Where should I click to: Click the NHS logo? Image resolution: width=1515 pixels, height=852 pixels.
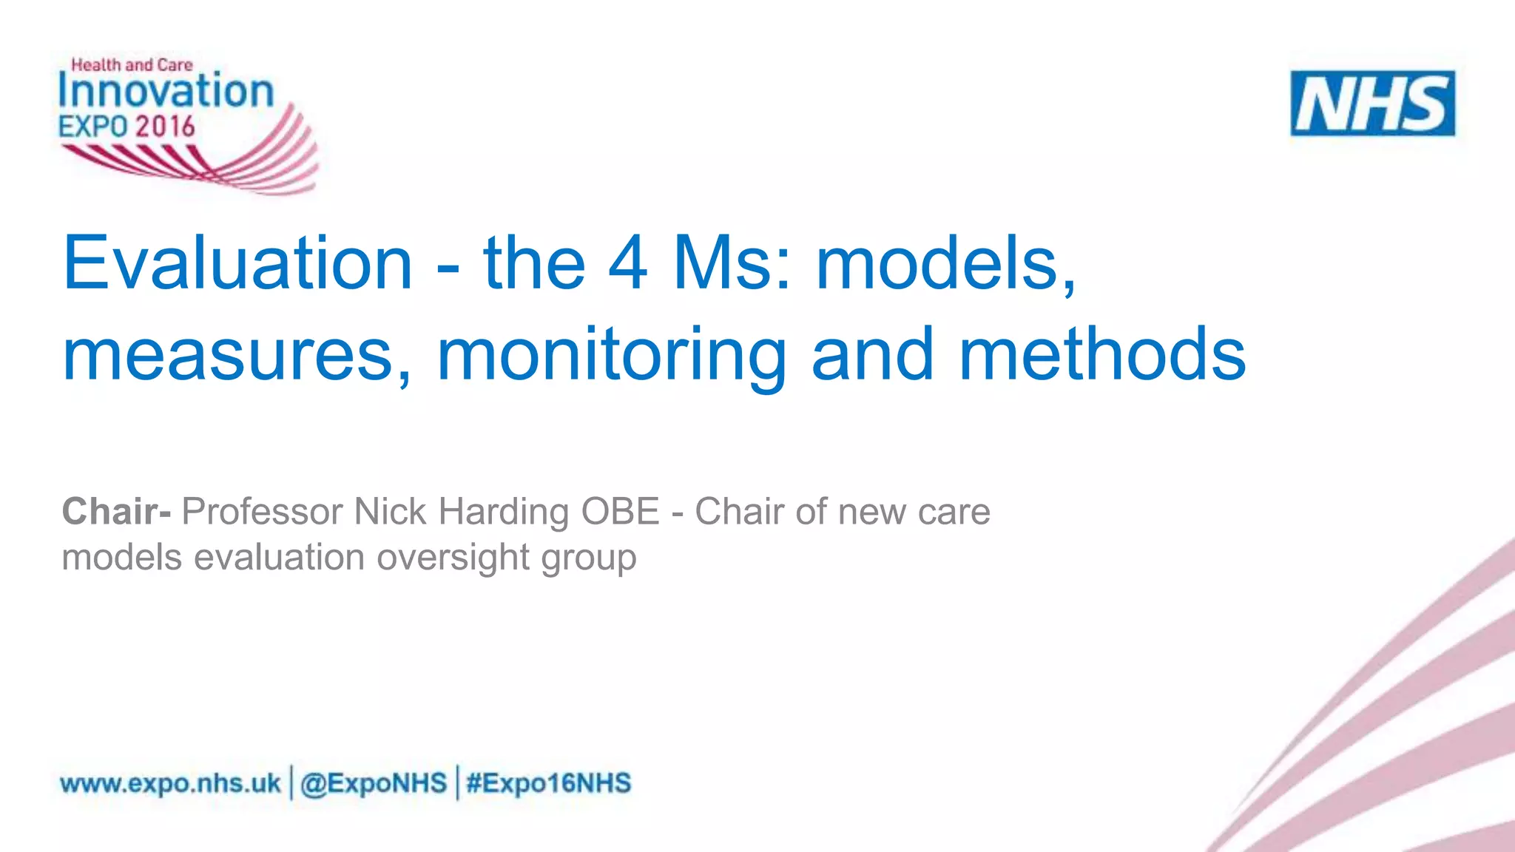1372,104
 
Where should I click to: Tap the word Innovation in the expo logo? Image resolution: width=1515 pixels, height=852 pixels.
166,92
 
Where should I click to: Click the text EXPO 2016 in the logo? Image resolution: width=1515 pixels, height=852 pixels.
126,126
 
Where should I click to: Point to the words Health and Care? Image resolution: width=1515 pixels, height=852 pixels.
132,65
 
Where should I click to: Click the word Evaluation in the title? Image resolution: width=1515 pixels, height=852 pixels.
237,263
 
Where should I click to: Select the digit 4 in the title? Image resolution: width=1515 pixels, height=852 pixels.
627,263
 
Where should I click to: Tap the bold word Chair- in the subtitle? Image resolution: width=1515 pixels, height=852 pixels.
116,511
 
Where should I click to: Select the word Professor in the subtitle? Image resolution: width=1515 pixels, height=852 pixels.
262,511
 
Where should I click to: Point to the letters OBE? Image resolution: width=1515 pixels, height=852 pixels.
620,511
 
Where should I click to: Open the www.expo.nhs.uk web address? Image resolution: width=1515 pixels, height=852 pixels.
170,783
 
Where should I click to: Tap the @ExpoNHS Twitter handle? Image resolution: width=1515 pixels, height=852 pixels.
374,783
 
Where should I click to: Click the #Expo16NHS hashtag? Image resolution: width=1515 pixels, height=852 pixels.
548,783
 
